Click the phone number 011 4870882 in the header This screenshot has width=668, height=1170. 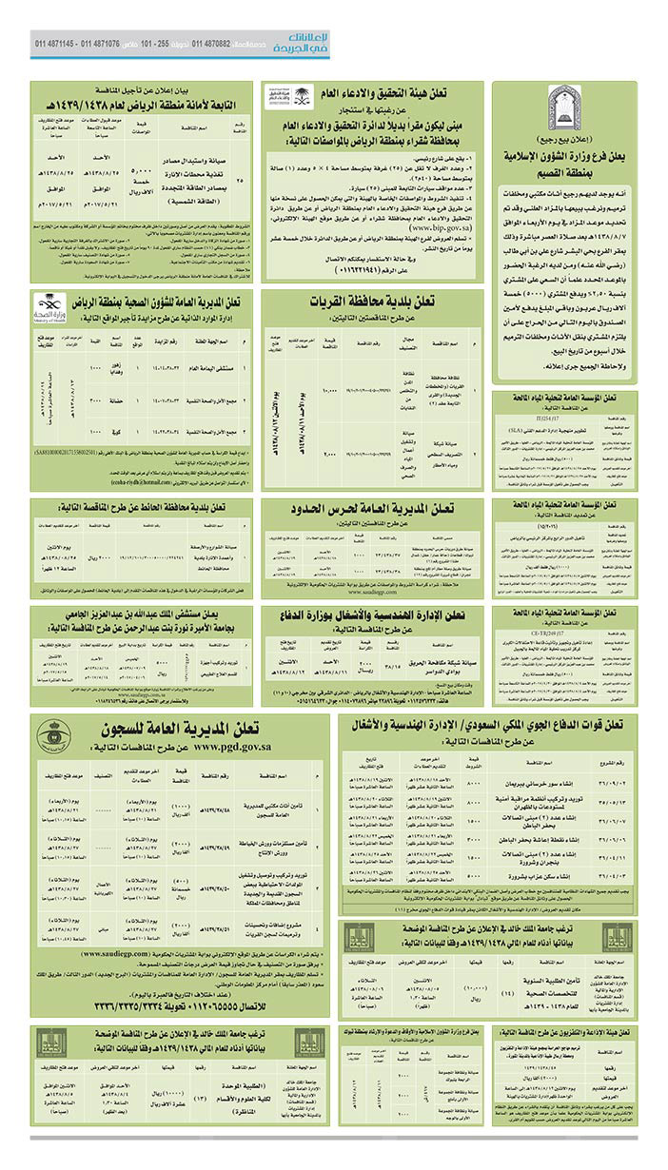pos(211,44)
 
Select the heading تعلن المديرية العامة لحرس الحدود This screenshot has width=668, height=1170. pos(372,508)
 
